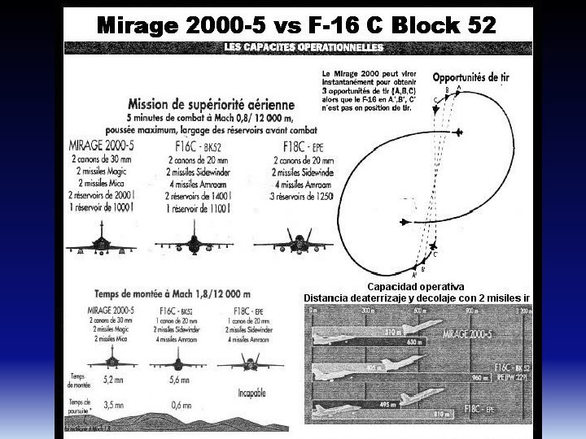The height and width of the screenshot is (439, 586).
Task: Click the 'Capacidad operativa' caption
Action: (415, 287)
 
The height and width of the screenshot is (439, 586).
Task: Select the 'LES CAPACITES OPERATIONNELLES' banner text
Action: (303, 48)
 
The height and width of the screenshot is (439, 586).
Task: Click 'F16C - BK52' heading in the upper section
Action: (195, 148)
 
